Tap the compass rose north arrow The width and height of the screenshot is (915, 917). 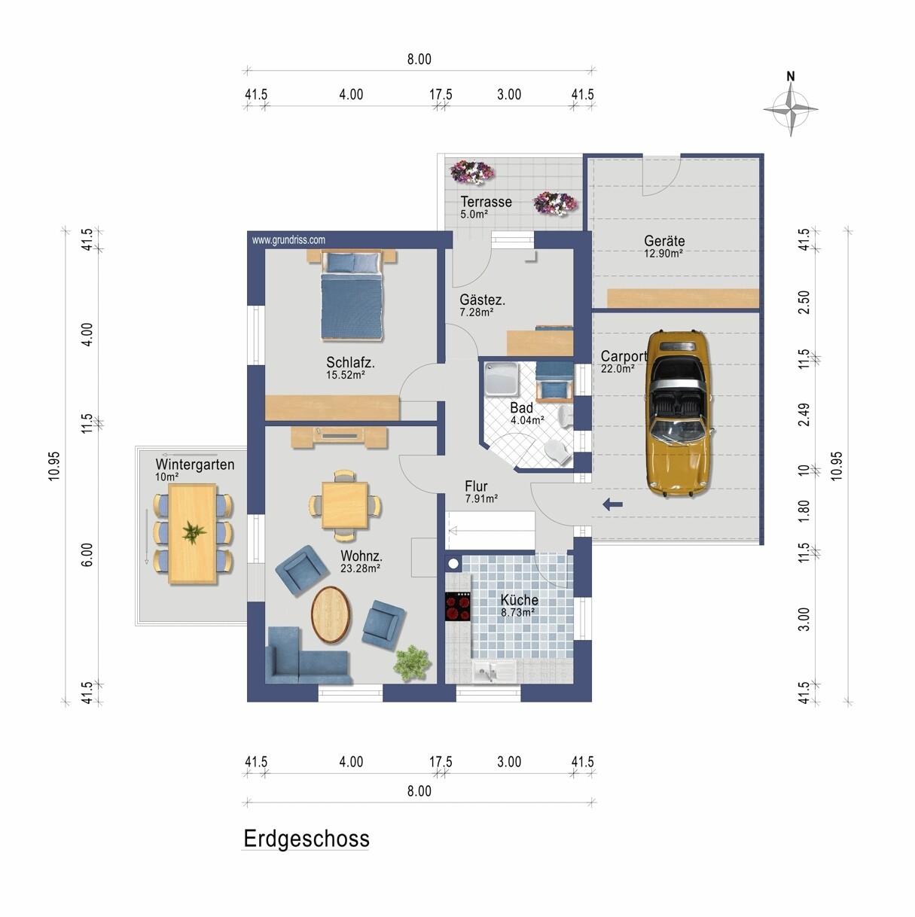pos(791,109)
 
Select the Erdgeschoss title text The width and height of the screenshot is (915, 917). pos(307,838)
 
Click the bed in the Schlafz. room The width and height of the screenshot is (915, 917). pos(352,296)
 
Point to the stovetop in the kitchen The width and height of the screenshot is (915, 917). pos(458,606)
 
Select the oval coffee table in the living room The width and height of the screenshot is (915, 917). pos(332,615)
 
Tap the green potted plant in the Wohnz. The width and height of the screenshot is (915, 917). pos(412,662)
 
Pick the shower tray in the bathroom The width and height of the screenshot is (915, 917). pos(502,379)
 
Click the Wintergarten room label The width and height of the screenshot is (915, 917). pos(195,465)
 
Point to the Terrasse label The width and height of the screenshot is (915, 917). pos(486,202)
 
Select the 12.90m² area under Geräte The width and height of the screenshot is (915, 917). pos(663,254)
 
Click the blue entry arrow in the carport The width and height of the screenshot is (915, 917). pos(612,504)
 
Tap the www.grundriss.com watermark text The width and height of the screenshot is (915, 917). pos(288,240)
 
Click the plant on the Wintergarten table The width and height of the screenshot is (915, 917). pos(194,532)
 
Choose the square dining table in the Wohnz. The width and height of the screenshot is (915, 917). pos(345,505)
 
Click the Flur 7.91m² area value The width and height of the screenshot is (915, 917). pos(481,498)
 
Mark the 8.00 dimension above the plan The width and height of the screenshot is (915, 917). pos(419,59)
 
